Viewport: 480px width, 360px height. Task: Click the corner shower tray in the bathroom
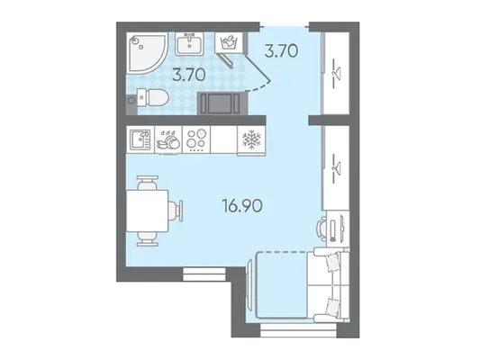pyautogui.click(x=144, y=52)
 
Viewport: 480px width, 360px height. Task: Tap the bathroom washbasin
pyautogui.click(x=189, y=44)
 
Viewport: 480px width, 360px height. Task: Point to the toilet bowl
pyautogui.click(x=153, y=97)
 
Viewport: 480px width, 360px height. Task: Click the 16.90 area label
pyautogui.click(x=242, y=206)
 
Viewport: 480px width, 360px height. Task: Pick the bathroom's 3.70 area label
pyautogui.click(x=189, y=75)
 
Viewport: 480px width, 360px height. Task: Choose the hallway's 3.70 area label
pyautogui.click(x=281, y=50)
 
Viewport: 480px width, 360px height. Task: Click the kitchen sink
pyautogui.click(x=140, y=139)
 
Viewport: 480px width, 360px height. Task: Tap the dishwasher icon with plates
pyautogui.click(x=168, y=139)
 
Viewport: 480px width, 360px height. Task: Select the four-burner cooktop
pyautogui.click(x=197, y=139)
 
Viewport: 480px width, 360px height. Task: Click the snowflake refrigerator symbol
pyautogui.click(x=251, y=139)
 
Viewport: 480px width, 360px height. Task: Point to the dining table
pyautogui.click(x=148, y=211)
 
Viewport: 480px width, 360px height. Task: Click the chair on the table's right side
pyautogui.click(x=176, y=211)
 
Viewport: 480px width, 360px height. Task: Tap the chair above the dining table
pyautogui.click(x=148, y=183)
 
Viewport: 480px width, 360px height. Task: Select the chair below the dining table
pyautogui.click(x=148, y=238)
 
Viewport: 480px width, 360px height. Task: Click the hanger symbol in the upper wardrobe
pyautogui.click(x=337, y=74)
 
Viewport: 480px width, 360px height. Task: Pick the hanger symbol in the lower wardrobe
pyautogui.click(x=337, y=166)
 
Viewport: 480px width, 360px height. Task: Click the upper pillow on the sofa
pyautogui.click(x=332, y=262)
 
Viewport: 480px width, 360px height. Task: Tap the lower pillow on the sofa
pyautogui.click(x=332, y=307)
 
